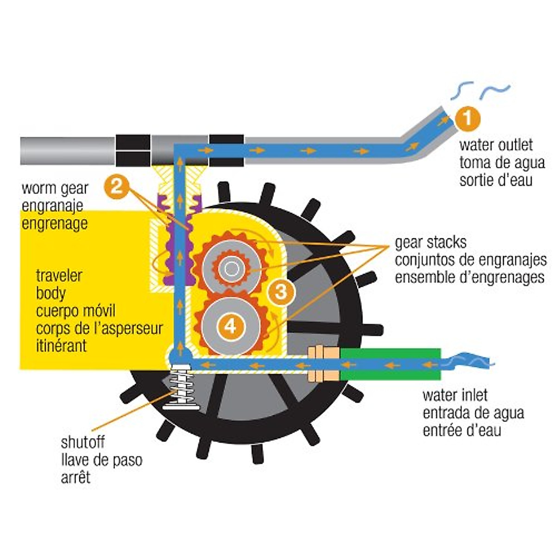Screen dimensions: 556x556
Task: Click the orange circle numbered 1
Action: pos(468,118)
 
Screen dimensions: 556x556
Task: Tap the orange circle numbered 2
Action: pos(117,187)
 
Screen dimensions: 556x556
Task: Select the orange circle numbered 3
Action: pos(281,292)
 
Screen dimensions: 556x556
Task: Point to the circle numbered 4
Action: pos(230,326)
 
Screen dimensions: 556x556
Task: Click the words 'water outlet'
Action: pos(496,145)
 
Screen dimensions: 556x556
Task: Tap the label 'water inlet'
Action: pos(455,395)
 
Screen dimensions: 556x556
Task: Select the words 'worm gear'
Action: pos(55,189)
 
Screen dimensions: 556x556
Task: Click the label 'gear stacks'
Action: pos(430,242)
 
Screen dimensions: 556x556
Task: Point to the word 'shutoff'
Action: pos(83,442)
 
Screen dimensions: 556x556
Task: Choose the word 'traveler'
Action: pos(59,276)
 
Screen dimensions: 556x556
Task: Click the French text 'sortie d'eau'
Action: pos(496,180)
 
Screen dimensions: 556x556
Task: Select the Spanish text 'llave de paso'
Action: pos(101,460)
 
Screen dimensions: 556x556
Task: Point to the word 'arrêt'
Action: pos(76,477)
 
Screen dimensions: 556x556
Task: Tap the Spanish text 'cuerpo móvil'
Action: pos(76,311)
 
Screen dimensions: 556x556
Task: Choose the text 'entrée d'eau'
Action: pos(462,430)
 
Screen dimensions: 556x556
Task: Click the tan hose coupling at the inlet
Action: pos(324,364)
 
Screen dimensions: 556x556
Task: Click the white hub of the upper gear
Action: pos(230,268)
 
